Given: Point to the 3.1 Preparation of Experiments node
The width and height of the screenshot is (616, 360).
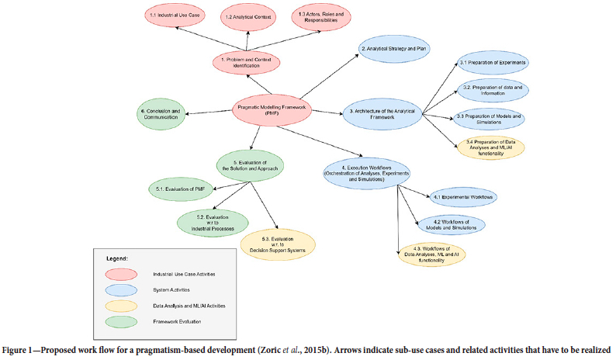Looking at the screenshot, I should tap(493, 62).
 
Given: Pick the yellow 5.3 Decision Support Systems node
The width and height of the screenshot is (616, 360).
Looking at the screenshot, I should tap(278, 244).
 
